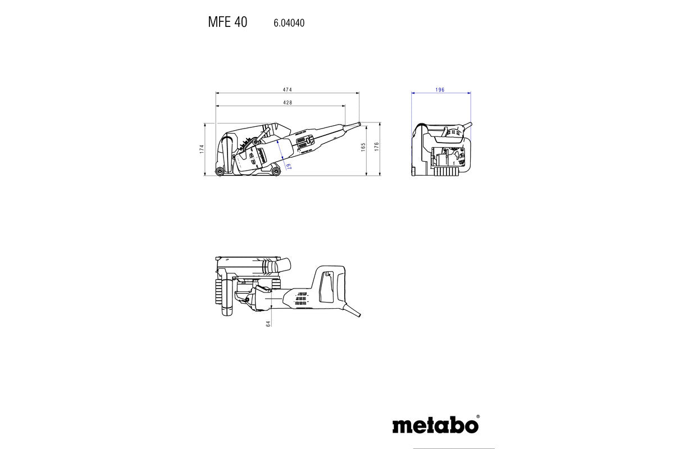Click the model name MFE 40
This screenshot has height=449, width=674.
pos(227,22)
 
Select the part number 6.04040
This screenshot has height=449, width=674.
pos(289,23)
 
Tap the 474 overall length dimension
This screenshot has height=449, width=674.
pos(287,90)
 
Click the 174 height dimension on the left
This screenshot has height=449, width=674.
pos(202,149)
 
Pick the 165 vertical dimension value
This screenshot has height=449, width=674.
pos(363,147)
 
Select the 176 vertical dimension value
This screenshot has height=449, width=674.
pos(377,147)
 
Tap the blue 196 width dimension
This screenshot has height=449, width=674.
pos(440,90)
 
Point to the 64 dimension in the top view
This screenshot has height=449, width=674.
pos(268,323)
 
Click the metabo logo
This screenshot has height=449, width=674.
pos(435,424)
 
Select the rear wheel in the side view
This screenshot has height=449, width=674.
pos(275,171)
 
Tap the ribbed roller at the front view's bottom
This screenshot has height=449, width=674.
pos(447,172)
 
